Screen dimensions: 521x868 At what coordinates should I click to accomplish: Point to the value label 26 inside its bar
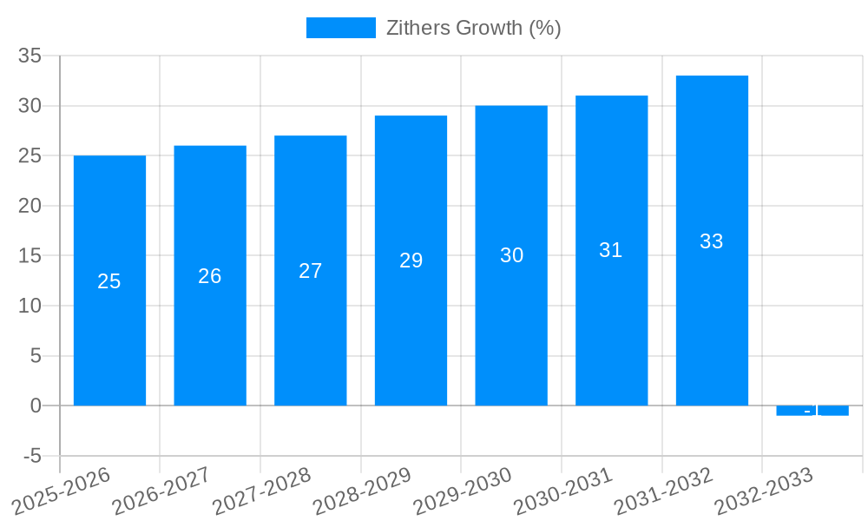(210, 276)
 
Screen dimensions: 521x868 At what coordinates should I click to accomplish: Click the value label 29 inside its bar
(411, 260)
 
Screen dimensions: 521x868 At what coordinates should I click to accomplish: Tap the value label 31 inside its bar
(611, 250)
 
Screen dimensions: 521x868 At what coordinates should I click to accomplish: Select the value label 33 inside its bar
(712, 241)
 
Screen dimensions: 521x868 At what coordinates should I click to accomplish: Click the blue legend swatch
(340, 28)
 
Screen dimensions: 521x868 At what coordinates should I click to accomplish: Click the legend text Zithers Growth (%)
(473, 28)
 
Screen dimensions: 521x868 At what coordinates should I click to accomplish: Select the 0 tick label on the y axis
(36, 406)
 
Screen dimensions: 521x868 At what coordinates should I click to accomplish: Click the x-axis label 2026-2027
(161, 491)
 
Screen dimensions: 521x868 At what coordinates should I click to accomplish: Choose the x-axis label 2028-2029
(362, 491)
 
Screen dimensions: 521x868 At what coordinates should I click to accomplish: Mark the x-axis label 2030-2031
(562, 491)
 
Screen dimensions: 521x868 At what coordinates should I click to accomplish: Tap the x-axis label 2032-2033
(764, 491)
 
